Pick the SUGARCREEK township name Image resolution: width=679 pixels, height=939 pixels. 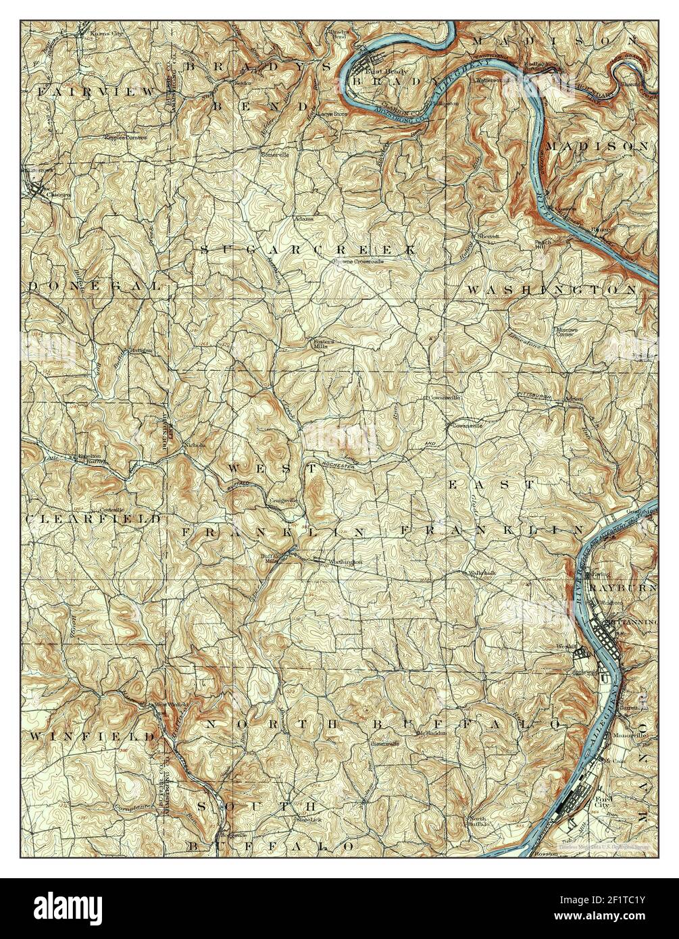click(307, 249)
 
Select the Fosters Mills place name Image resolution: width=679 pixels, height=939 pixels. click(323, 343)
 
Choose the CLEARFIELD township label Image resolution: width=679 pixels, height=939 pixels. click(94, 519)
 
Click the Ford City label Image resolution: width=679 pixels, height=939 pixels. click(603, 804)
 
